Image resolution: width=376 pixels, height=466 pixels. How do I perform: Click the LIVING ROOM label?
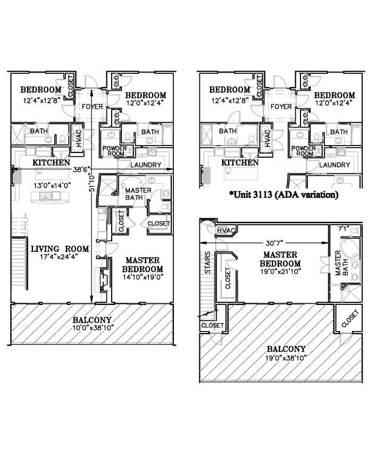pos(60,249)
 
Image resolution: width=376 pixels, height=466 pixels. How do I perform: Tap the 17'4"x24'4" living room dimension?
pos(59,257)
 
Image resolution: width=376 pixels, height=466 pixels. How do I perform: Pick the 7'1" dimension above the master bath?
pos(344,229)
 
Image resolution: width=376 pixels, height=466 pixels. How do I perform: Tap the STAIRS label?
pos(208,262)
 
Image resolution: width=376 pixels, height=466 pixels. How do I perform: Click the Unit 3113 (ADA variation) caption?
pos(283,194)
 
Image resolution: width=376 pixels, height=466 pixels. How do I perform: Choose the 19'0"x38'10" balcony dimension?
pos(286,358)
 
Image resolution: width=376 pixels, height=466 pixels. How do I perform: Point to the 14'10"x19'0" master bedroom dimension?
pos(143,277)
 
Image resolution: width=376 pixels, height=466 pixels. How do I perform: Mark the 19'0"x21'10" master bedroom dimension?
pos(280,272)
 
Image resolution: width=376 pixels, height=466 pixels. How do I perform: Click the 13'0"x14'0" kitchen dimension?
pos(52,186)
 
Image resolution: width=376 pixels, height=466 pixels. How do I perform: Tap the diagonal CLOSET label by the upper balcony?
pos(350,319)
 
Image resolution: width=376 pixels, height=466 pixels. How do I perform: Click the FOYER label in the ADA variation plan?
pos(281,106)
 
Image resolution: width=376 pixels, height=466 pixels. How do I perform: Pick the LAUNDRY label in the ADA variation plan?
pos(335,165)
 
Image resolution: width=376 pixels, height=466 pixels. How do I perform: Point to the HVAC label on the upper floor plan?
pos(226,230)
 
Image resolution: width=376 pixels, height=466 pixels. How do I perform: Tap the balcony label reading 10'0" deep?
pos(92,320)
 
